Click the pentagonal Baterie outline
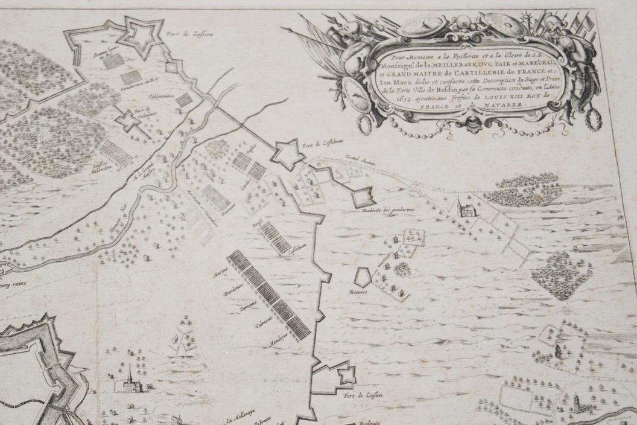coord(363,277)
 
